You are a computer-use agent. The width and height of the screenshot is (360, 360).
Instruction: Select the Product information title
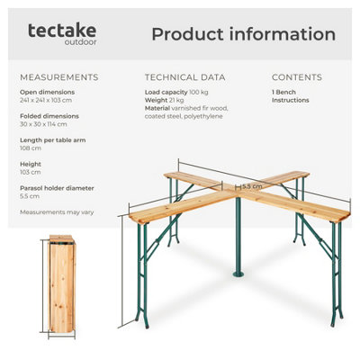[243, 34]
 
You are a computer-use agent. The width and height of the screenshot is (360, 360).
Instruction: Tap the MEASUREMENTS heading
[58, 77]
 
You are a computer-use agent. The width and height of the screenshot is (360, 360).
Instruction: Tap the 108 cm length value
[30, 148]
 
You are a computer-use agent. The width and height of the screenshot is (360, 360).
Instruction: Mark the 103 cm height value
[30, 172]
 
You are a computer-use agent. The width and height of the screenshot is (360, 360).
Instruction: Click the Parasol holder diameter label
[56, 187]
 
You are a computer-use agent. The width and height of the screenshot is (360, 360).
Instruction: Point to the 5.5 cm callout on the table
[252, 186]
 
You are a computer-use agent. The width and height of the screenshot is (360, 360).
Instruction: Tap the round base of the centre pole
[238, 271]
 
